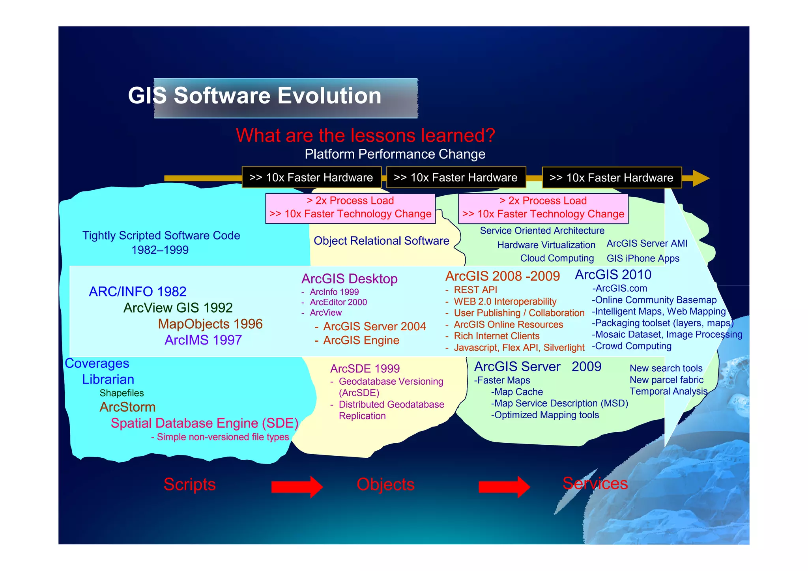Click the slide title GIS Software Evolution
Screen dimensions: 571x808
coord(254,96)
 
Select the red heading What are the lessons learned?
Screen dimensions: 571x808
coord(365,135)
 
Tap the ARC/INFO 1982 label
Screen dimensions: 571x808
coord(137,292)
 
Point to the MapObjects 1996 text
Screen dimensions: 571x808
coord(210,324)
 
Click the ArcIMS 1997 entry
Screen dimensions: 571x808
coord(203,340)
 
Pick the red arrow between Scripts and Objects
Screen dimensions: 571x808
coord(297,487)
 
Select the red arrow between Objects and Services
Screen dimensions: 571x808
coord(504,487)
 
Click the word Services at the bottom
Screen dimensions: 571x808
coord(595,483)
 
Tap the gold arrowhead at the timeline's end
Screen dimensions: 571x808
coord(700,178)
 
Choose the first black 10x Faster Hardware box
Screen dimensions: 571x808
coord(311,178)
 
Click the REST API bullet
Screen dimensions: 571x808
coord(475,290)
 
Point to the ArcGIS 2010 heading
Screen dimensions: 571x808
coord(613,275)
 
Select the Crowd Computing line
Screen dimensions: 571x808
coord(633,346)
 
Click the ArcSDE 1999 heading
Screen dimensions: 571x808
coord(365,369)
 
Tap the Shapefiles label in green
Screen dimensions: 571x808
coord(122,393)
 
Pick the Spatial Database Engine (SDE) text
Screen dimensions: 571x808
coord(204,423)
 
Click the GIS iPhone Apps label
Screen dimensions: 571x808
coord(643,258)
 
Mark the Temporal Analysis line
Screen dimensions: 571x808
coord(668,391)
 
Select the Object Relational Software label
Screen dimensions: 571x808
coord(381,241)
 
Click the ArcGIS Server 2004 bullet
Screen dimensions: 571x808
coord(374,327)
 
